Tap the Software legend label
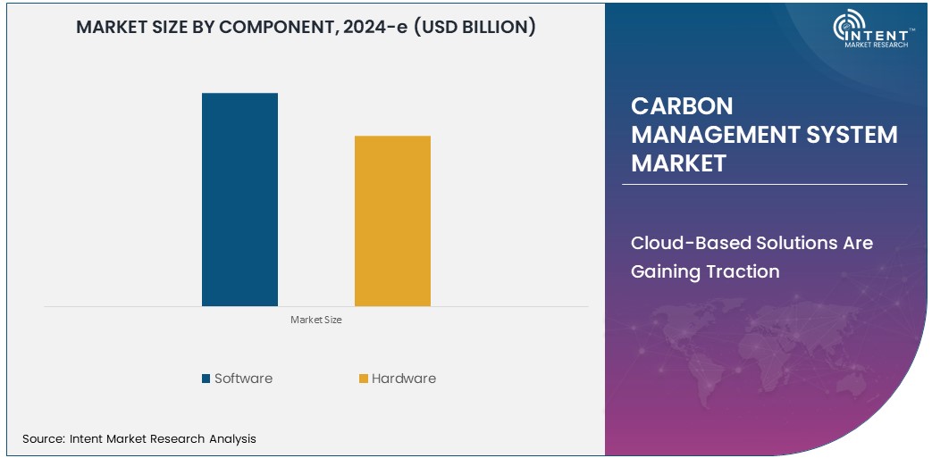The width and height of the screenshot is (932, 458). coord(243,379)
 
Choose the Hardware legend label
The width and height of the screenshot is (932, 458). coord(404,379)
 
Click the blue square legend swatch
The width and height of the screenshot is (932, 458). coord(206,379)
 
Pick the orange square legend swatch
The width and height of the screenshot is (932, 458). coord(364,379)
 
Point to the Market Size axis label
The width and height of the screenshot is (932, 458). coord(315,320)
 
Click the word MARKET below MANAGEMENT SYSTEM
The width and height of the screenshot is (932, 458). coord(678,163)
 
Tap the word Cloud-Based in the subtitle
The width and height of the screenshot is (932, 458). coord(691,243)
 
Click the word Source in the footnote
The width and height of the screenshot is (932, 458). coord(42,438)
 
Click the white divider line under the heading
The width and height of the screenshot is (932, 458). coord(764,185)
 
